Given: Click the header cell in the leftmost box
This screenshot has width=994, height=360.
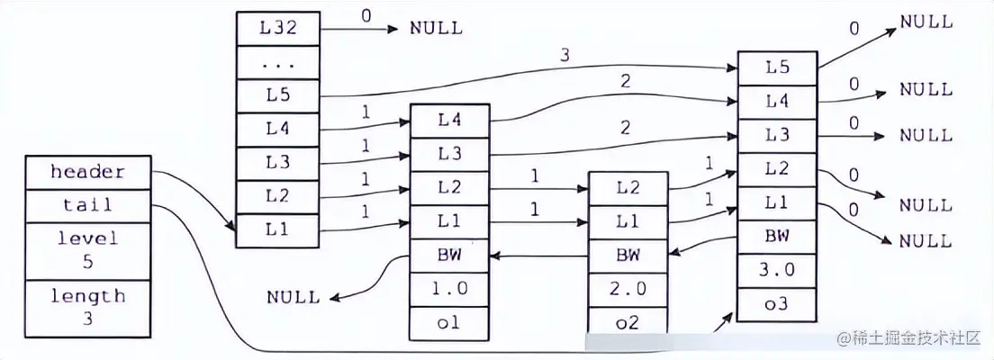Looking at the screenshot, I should point(87,171).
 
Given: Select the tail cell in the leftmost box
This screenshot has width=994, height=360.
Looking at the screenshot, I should point(87,205).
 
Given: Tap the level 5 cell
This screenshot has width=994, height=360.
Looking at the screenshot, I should point(87,249).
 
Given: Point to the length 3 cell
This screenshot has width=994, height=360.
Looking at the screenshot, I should point(87,306).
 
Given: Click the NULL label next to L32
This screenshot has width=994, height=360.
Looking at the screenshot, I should point(436,28).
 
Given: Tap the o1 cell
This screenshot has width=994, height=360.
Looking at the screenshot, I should point(450,323).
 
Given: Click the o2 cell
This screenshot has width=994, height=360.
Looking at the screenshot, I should point(629,321).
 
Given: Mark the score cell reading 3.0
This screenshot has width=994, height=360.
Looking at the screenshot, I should point(777,270).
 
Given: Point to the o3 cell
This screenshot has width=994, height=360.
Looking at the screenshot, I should point(777,303).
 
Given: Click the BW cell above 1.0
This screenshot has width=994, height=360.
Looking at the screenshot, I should point(450,256).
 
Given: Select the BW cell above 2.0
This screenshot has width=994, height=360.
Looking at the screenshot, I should point(629,256).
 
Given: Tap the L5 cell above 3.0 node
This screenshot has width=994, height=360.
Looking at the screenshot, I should point(777,67).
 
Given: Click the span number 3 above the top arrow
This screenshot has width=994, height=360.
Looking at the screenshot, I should point(565,56).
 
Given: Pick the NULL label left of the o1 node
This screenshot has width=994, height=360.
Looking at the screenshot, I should point(293,296).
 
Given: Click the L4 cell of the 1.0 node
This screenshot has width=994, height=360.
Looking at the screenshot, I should point(450,120).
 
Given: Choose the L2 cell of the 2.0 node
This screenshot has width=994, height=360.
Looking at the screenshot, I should point(629,188).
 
